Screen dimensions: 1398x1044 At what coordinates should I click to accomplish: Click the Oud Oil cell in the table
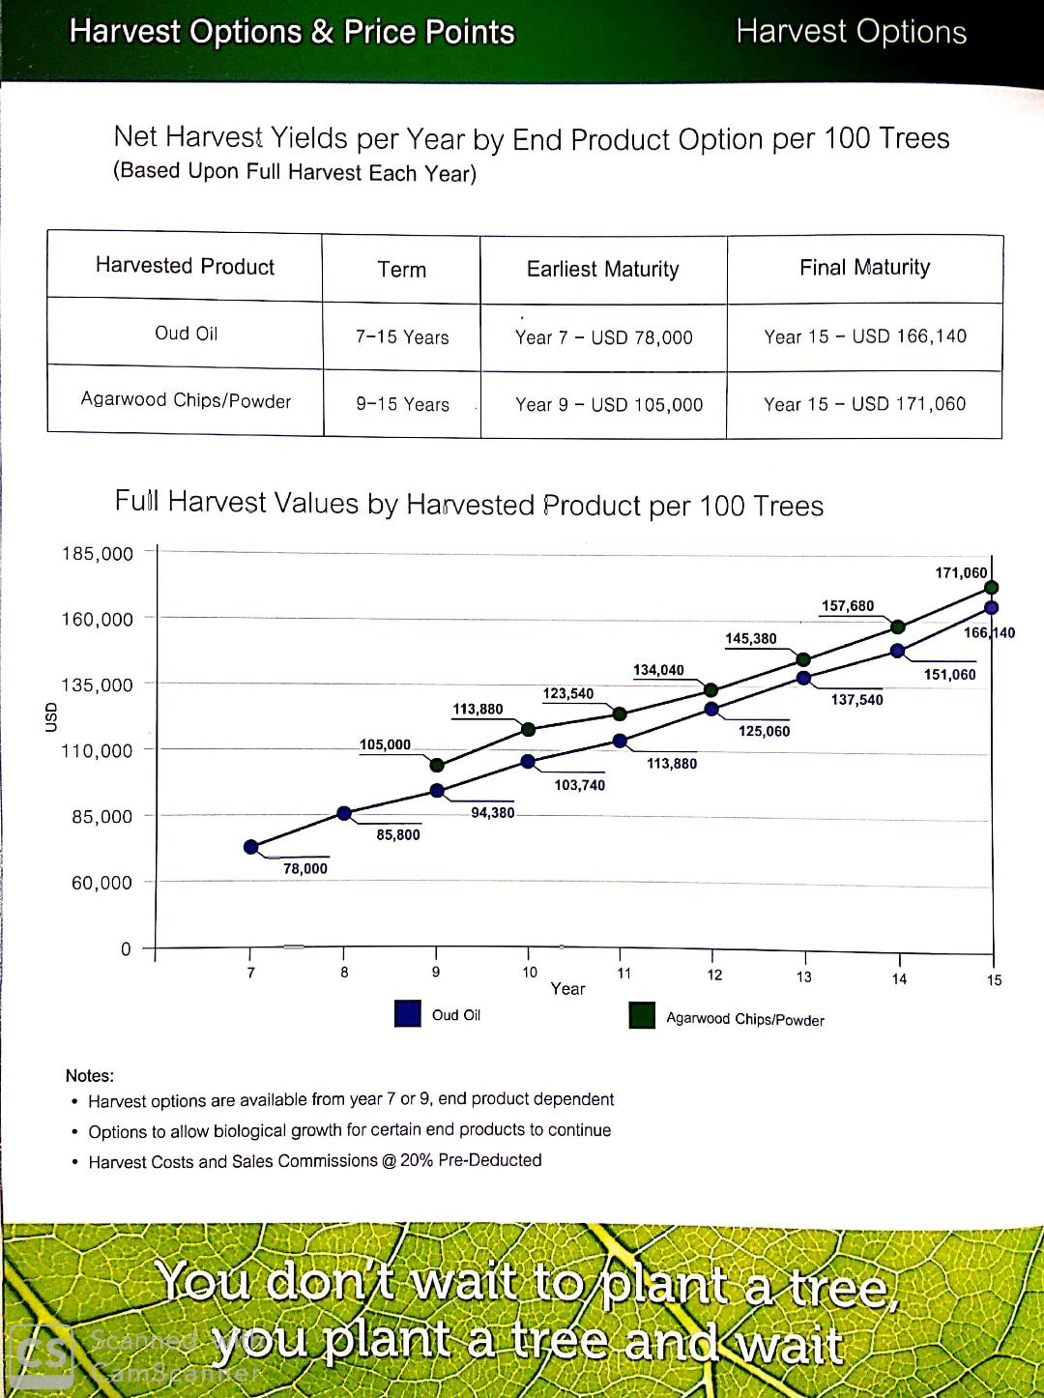(186, 334)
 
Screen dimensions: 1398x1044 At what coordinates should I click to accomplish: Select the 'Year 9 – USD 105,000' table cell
(608, 405)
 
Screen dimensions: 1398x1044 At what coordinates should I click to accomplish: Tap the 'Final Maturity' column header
(864, 268)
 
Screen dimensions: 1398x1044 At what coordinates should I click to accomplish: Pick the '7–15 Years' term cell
(402, 337)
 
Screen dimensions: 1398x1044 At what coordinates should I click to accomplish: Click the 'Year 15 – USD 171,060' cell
(864, 404)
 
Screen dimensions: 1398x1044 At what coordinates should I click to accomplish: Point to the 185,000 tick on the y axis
(98, 554)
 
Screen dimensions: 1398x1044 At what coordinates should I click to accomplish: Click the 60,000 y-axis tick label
(101, 883)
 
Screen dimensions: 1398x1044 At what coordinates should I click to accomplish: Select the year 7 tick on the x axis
(251, 973)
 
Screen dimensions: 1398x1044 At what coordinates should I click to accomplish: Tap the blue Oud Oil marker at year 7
(251, 847)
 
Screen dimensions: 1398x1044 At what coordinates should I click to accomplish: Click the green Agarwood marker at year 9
(437, 766)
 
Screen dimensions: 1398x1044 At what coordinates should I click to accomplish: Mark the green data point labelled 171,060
(991, 588)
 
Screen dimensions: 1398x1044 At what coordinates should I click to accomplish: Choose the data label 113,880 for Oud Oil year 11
(671, 764)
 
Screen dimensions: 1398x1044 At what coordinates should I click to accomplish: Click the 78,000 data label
(304, 869)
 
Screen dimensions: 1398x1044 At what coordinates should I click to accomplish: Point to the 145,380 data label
(750, 639)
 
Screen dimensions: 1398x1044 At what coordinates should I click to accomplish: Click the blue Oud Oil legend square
(408, 1013)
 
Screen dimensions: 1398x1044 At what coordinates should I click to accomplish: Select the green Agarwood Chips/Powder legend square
(642, 1015)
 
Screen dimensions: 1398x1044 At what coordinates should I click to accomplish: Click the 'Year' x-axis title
(567, 989)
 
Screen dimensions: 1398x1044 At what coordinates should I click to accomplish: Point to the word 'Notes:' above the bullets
(90, 1076)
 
